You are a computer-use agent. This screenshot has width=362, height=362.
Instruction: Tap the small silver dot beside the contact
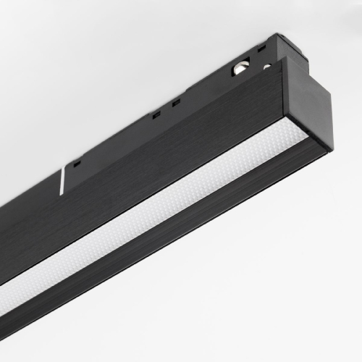[x=266, y=67]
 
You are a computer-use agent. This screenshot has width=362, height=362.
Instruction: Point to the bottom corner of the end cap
[x=330, y=148]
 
